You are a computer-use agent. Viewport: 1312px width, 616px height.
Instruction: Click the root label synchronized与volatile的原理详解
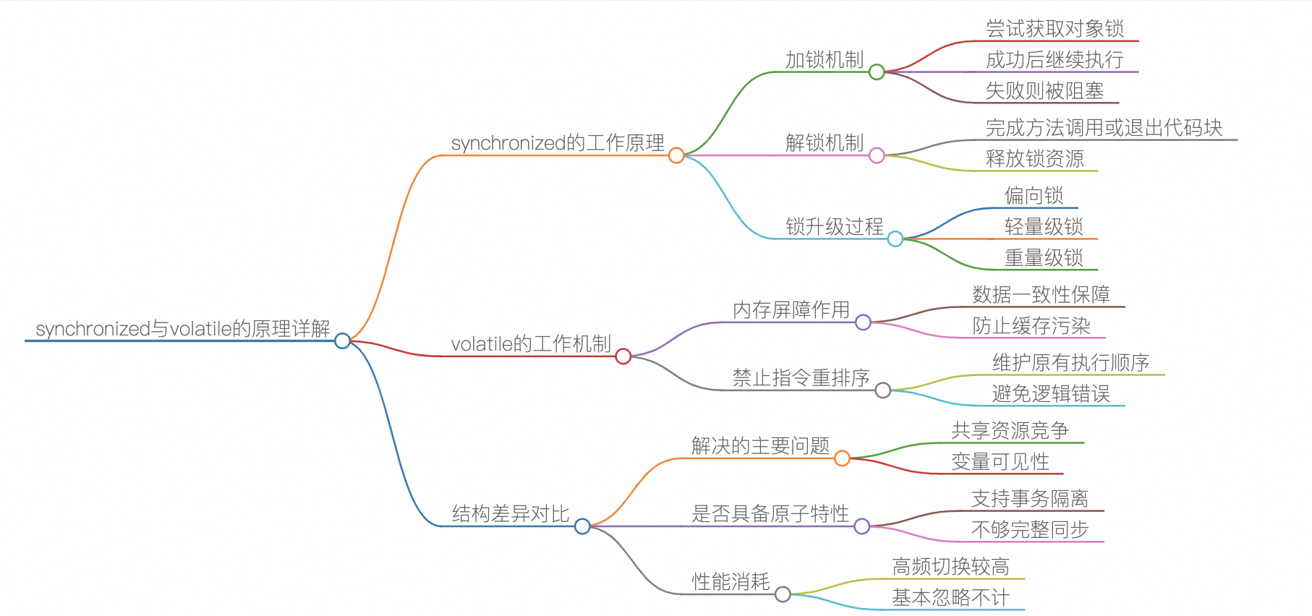pyautogui.click(x=182, y=328)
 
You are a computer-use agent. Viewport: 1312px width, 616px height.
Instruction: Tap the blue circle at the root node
pyautogui.click(x=343, y=341)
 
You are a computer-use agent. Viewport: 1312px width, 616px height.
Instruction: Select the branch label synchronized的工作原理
pyautogui.click(x=558, y=142)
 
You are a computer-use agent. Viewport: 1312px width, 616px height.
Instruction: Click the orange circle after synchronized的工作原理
pyautogui.click(x=676, y=155)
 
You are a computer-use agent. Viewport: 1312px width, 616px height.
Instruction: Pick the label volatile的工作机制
pyautogui.click(x=531, y=343)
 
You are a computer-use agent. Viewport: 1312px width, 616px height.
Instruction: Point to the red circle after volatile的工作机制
pyautogui.click(x=623, y=356)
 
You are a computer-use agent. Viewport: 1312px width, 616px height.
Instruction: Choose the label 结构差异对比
pyautogui.click(x=510, y=513)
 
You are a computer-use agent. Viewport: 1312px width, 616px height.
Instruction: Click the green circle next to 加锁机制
pyautogui.click(x=877, y=72)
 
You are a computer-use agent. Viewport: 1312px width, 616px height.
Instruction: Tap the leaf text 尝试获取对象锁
pyautogui.click(x=1055, y=28)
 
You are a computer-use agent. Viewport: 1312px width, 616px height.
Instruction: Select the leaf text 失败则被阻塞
pyautogui.click(x=1044, y=90)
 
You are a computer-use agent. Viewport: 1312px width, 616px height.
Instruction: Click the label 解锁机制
pyautogui.click(x=825, y=142)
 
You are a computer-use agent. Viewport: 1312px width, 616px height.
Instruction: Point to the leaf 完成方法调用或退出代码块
pyautogui.click(x=1104, y=127)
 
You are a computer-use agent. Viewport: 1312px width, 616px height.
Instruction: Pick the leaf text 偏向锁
pyautogui.click(x=1034, y=195)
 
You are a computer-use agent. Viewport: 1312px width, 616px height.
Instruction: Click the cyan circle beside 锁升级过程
pyautogui.click(x=895, y=239)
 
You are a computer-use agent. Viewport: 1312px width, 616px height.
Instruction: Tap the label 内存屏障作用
pyautogui.click(x=791, y=309)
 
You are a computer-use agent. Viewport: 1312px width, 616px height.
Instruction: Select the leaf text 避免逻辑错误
pyautogui.click(x=1051, y=393)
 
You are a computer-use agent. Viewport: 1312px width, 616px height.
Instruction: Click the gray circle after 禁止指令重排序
pyautogui.click(x=883, y=390)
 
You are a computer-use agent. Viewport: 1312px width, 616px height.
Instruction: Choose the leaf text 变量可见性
pyautogui.click(x=1000, y=461)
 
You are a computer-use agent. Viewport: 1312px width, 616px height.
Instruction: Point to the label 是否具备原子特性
pyautogui.click(x=770, y=513)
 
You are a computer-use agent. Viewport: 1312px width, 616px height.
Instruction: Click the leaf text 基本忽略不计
pyautogui.click(x=950, y=597)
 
